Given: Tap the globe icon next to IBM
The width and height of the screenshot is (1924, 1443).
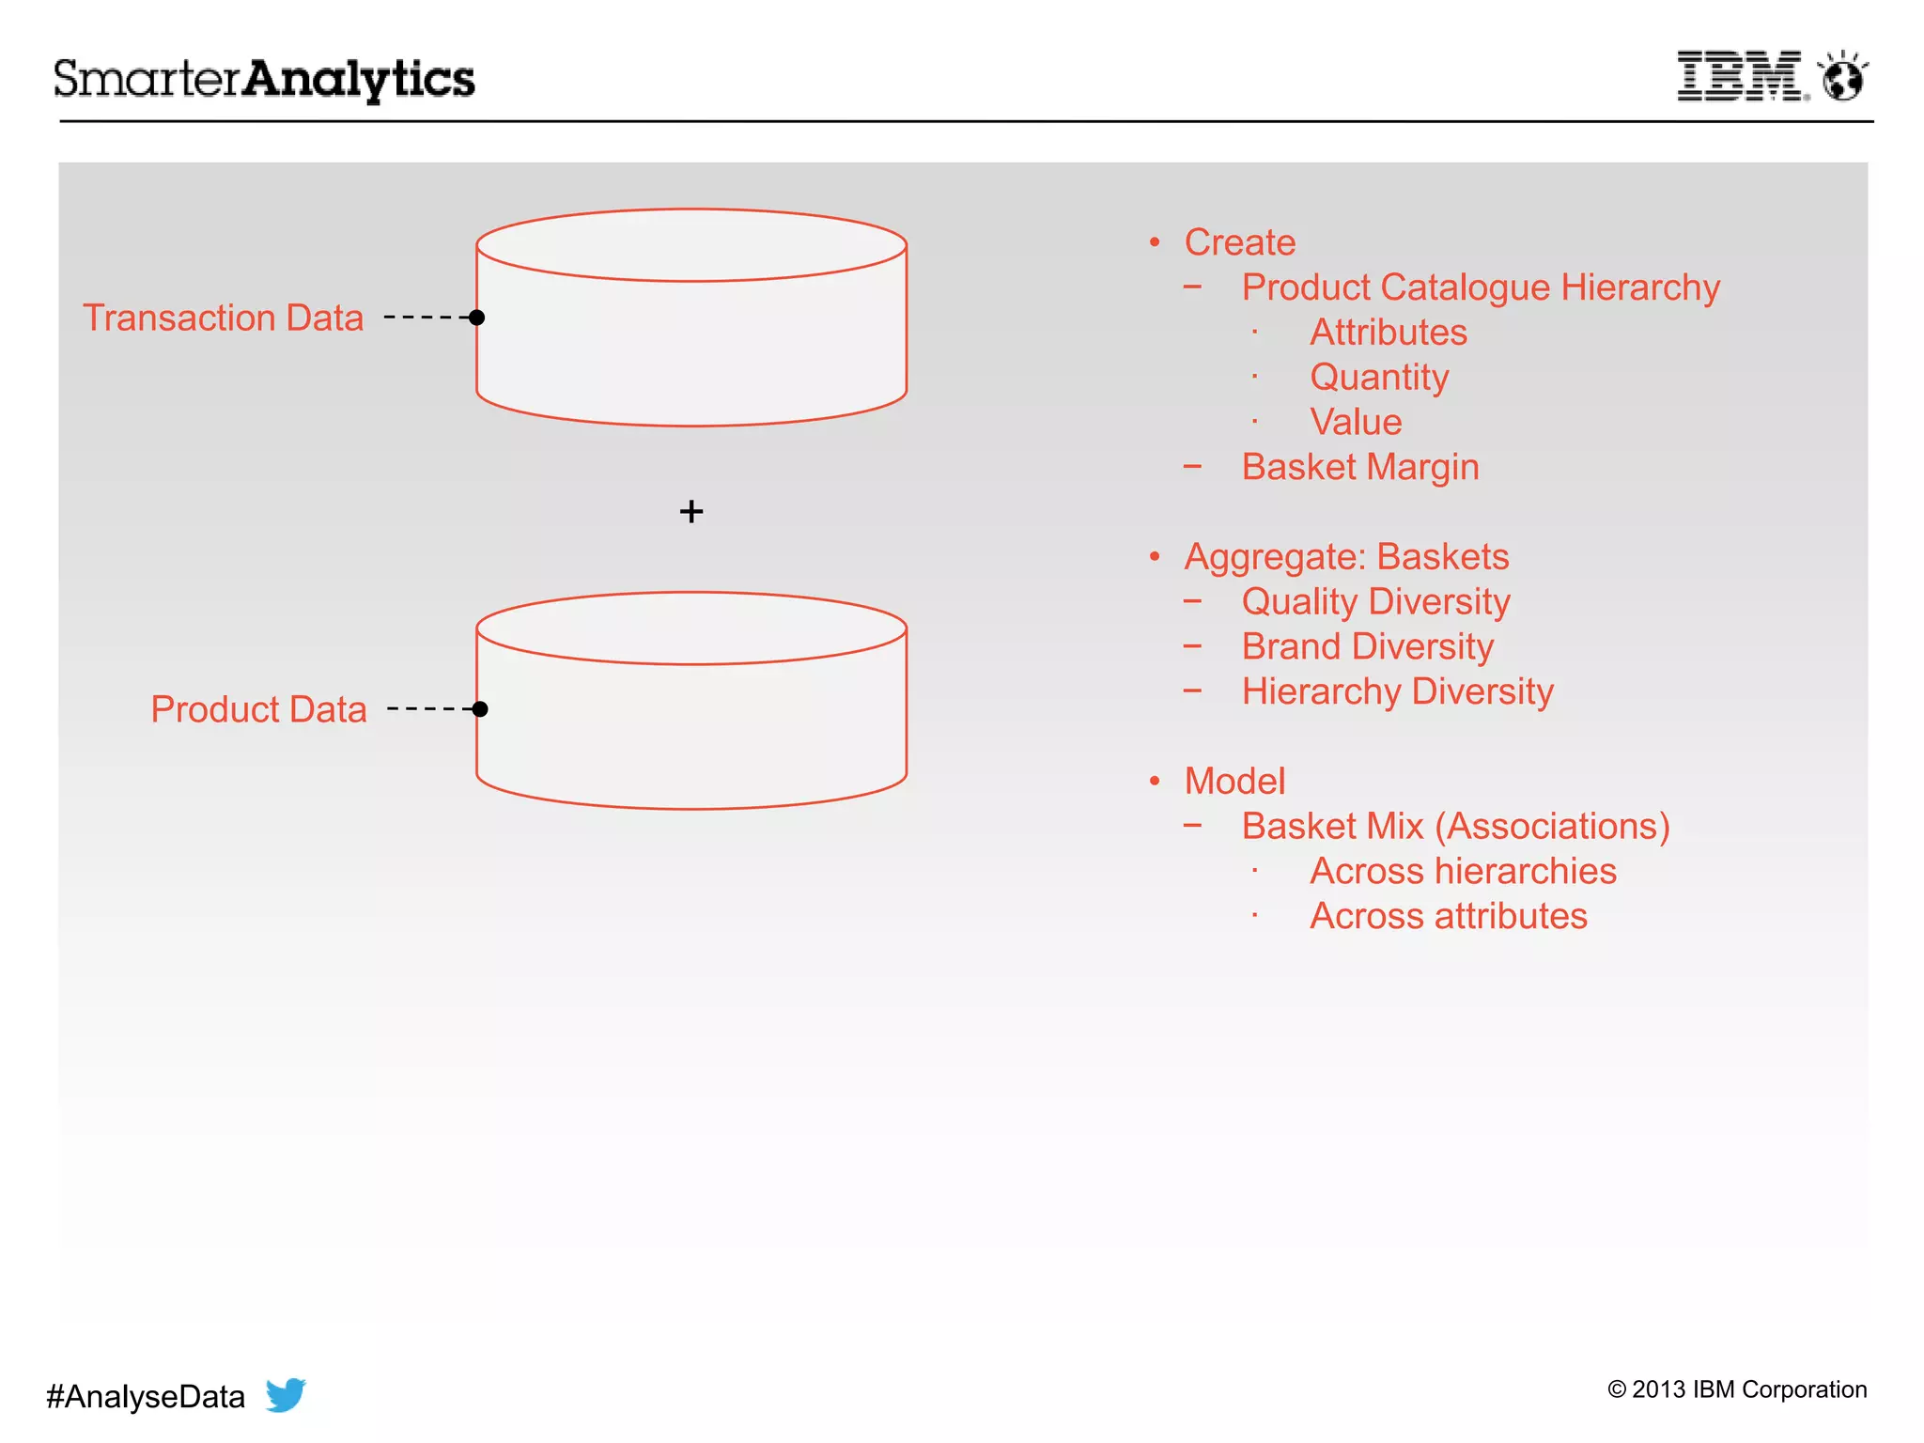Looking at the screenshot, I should [1842, 77].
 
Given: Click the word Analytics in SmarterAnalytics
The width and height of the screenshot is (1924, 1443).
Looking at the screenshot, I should [360, 79].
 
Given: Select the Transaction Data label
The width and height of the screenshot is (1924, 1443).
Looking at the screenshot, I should [223, 318].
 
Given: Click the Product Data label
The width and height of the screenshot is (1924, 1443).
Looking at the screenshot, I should [258, 709].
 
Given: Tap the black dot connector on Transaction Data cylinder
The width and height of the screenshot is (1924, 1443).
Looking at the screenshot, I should [477, 318].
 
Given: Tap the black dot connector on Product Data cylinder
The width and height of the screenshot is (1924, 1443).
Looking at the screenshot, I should [480, 709].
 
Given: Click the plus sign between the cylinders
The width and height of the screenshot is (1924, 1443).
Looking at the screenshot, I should [691, 512].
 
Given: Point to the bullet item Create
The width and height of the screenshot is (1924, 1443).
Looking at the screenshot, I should [1239, 242].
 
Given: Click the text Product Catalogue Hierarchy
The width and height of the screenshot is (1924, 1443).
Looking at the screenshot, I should [1481, 287].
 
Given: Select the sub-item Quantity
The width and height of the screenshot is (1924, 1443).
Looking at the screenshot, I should [1379, 378].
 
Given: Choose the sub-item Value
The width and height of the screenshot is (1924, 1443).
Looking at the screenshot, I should [1356, 422].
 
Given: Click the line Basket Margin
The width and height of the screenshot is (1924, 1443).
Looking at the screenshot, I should [1359, 467].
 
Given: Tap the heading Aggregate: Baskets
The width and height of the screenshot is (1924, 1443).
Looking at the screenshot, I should [1346, 557].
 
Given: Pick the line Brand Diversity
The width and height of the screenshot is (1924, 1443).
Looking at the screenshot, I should [1367, 646].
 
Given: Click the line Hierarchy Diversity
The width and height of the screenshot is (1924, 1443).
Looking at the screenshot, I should [1397, 691].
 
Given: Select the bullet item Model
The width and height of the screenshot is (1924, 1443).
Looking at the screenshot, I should [1234, 782].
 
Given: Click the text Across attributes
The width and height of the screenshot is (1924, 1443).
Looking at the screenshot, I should [1448, 916].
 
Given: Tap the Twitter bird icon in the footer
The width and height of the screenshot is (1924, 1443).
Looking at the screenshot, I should [286, 1395].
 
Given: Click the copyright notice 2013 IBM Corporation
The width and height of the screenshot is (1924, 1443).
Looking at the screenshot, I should [1737, 1389].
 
